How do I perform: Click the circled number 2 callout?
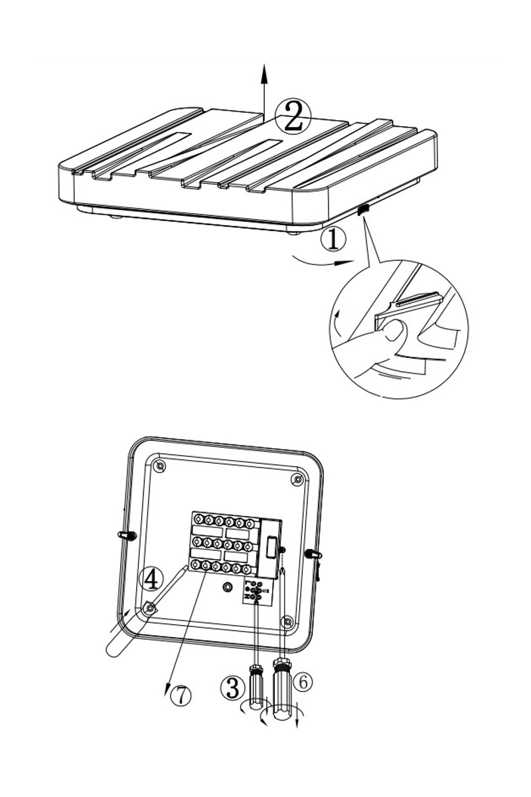293,116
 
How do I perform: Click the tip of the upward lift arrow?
264,66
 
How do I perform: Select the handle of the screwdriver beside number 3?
256,687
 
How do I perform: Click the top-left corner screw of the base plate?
159,466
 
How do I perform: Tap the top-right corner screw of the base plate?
296,480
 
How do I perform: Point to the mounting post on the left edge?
127,535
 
